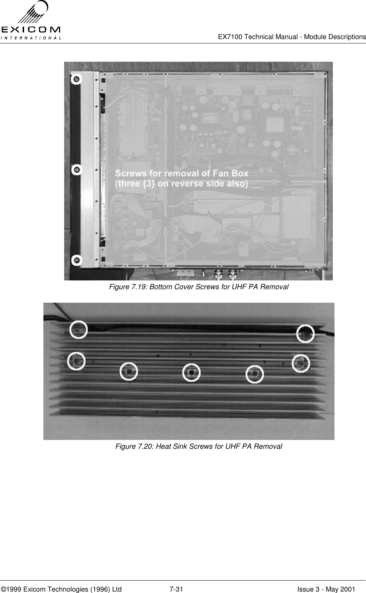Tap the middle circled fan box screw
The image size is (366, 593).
tap(77, 169)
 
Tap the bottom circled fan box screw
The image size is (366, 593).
tap(77, 260)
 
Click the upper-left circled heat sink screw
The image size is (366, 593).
tap(78, 329)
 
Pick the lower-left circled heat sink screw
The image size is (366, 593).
tap(77, 361)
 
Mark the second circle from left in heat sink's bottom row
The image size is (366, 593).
tap(129, 371)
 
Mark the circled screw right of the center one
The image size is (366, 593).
tap(254, 374)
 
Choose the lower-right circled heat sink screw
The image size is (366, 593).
tap(301, 363)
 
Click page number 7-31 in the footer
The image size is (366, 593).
tap(176, 579)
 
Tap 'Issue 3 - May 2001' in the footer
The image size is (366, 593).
tap(326, 579)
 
